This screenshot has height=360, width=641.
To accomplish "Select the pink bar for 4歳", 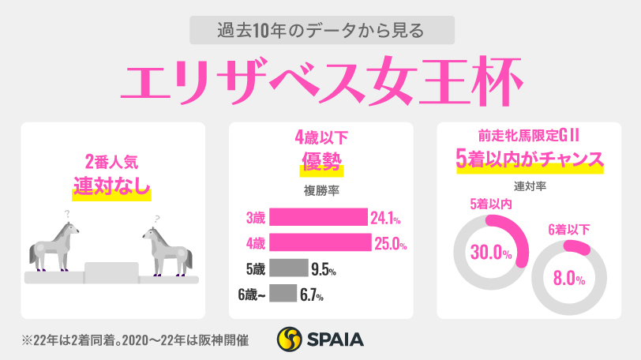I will (x=320, y=242).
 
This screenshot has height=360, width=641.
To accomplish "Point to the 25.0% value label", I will (x=390, y=243).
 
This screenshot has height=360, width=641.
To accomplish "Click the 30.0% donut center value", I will (x=489, y=254).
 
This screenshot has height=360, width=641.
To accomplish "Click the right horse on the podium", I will (x=167, y=249).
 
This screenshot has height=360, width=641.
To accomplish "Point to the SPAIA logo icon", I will (x=290, y=339).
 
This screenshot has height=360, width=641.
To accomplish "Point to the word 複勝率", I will (x=320, y=189).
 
